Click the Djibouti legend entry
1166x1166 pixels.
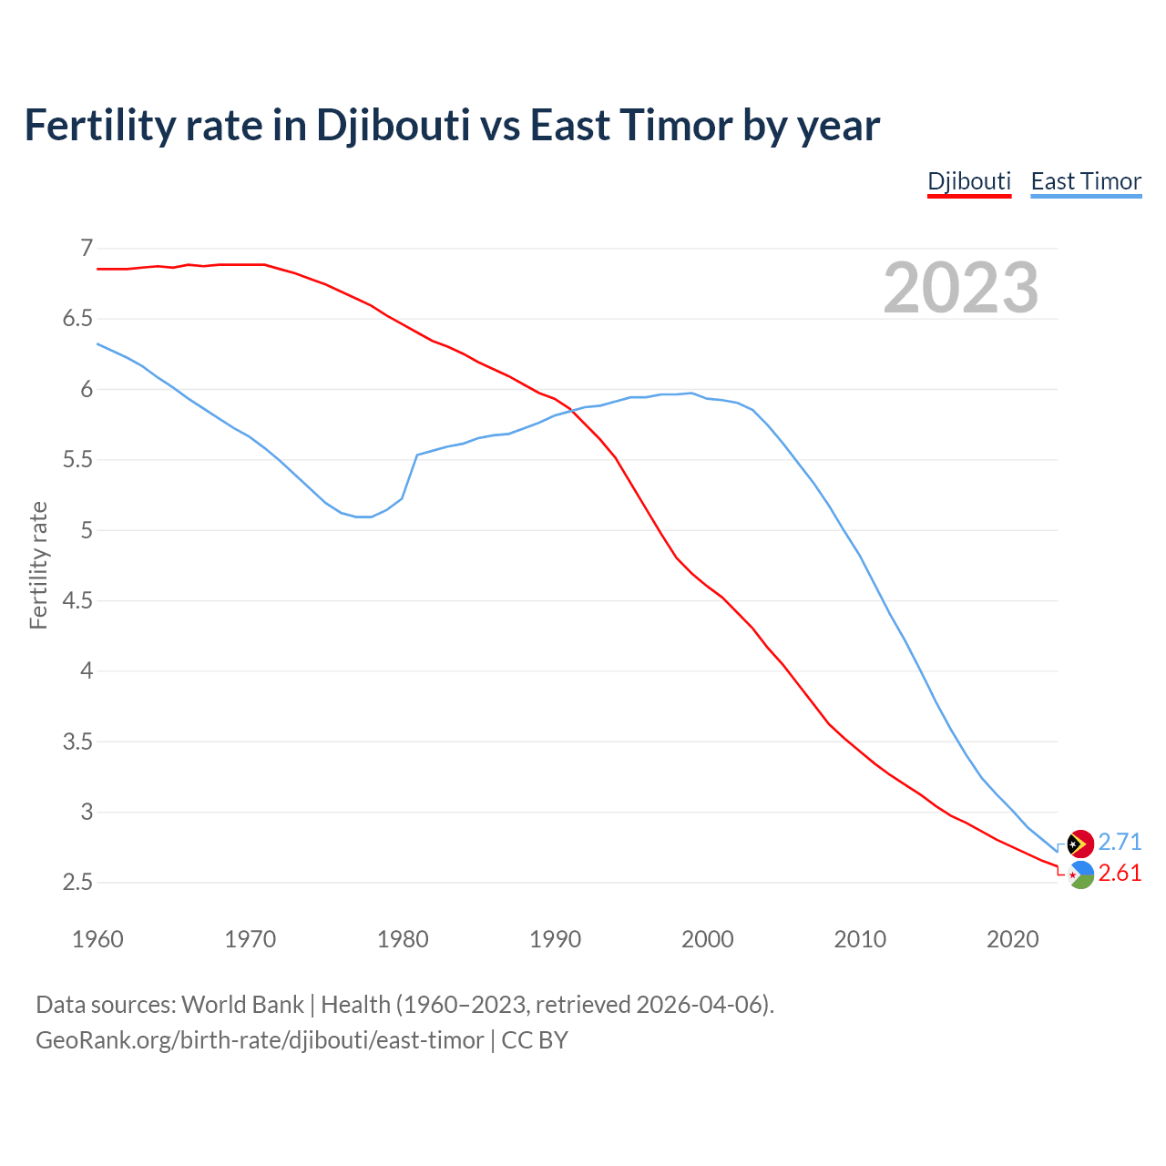tap(969, 181)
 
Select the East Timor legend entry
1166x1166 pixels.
tap(1086, 181)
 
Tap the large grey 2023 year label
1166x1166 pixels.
tap(961, 288)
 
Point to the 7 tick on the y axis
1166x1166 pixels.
tap(87, 248)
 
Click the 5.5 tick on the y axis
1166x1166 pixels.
tap(78, 460)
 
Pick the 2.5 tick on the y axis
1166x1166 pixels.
tap(78, 883)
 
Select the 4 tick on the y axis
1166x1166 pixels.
tap(87, 671)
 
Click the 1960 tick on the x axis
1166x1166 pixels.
tap(97, 939)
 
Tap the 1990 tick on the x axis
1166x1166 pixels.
tap(555, 939)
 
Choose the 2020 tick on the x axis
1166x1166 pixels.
tap(1012, 939)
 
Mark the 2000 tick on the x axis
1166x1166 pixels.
tap(707, 939)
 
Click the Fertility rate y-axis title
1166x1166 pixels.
tap(38, 565)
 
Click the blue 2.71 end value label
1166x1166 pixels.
tap(1120, 842)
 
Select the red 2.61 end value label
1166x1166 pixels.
tap(1120, 873)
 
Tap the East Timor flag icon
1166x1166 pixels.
tap(1080, 844)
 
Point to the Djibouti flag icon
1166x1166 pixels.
tap(1080, 874)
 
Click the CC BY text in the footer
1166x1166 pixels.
tap(535, 1040)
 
